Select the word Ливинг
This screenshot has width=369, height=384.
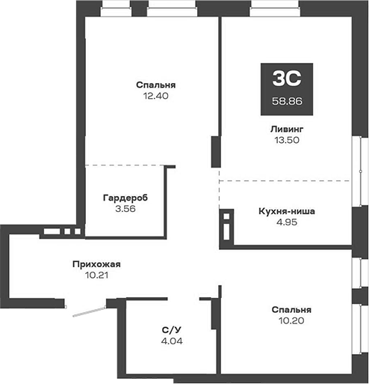pyautogui.click(x=287, y=129)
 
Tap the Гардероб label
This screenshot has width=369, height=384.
pyautogui.click(x=125, y=198)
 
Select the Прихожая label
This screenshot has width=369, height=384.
pyautogui.click(x=96, y=263)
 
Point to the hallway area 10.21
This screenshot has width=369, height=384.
pyautogui.click(x=96, y=275)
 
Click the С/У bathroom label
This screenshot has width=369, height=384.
pyautogui.click(x=172, y=329)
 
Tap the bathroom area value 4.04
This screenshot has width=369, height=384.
pyautogui.click(x=172, y=341)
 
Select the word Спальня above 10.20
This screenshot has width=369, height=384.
pyautogui.click(x=291, y=309)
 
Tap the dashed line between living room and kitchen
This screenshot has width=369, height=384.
pyautogui.click(x=284, y=180)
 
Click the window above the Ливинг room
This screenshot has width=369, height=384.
pyautogui.click(x=270, y=10)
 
